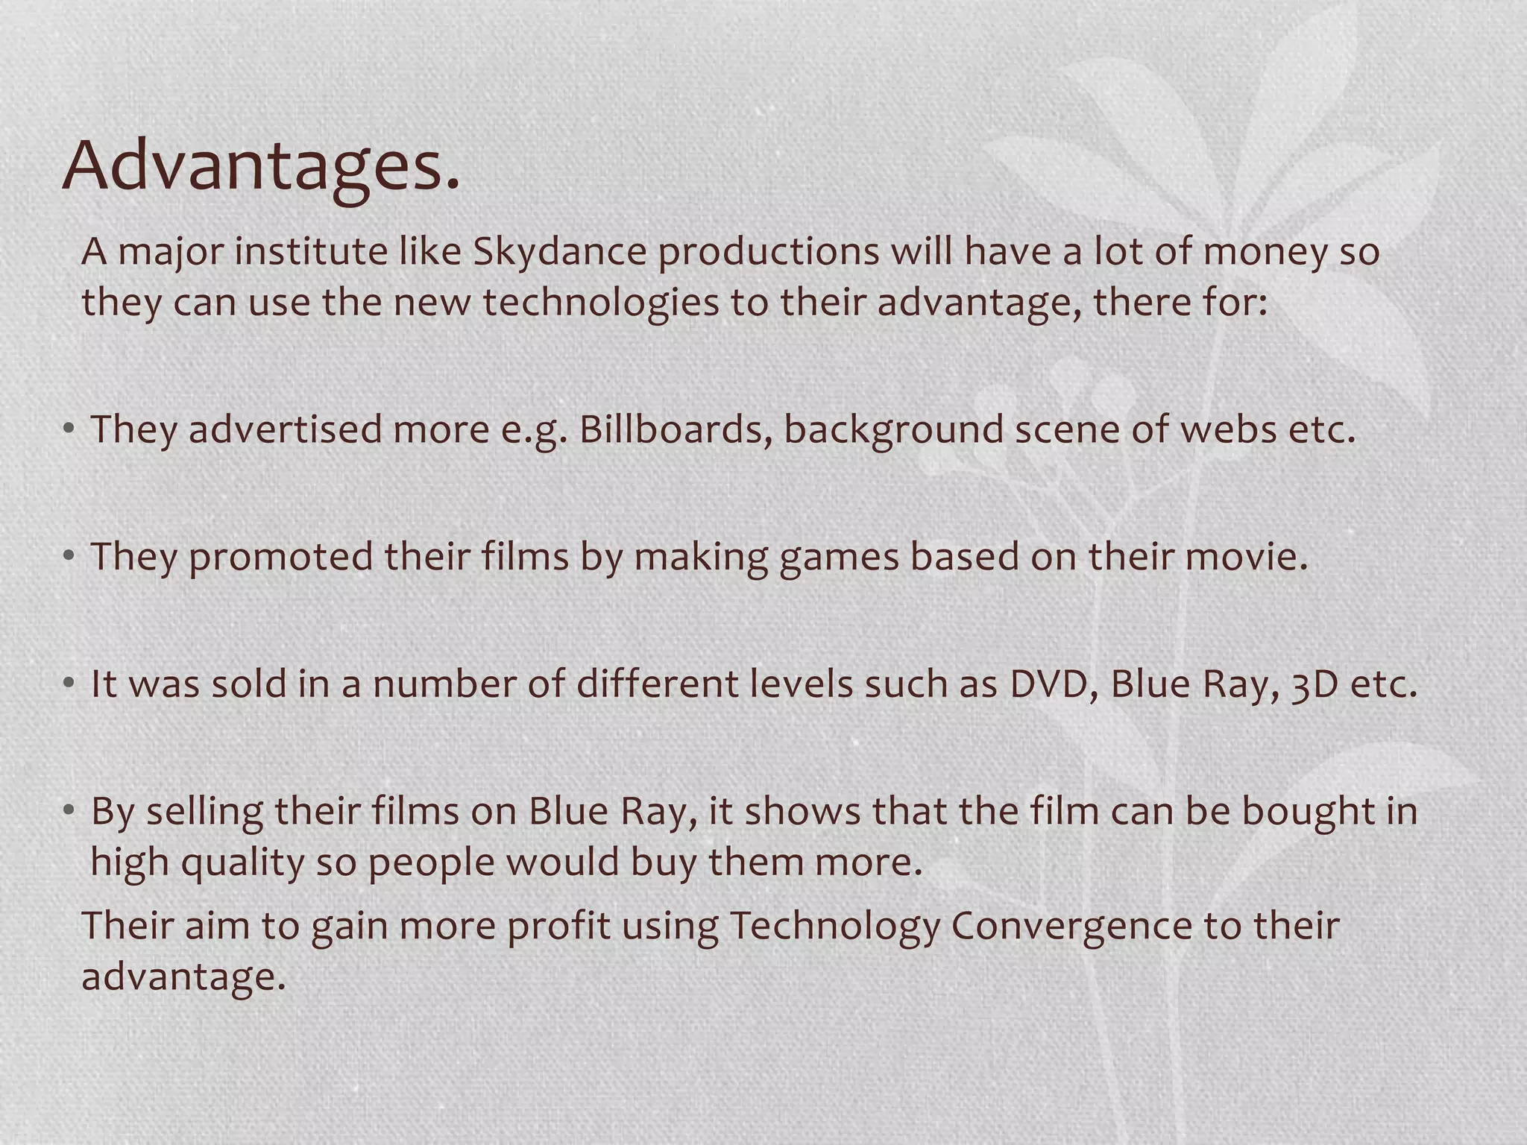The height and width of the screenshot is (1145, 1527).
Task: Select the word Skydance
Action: click(560, 252)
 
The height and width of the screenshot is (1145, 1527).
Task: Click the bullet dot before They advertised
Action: click(69, 429)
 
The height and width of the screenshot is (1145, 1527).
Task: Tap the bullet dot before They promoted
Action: click(69, 555)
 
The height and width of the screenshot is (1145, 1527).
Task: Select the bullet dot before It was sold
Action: click(69, 682)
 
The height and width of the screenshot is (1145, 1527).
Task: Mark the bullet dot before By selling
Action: click(69, 810)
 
